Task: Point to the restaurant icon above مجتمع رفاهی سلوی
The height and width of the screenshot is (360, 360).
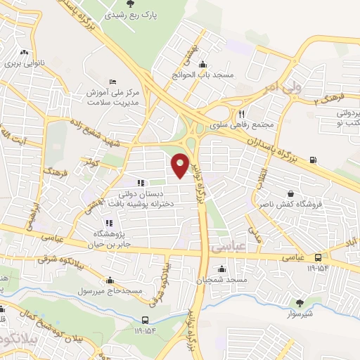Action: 242,114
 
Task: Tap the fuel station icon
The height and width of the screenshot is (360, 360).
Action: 312,159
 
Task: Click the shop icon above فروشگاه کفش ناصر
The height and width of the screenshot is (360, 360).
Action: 291,193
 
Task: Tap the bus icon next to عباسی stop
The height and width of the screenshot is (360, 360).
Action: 318,257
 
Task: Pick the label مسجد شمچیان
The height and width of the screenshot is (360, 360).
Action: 223,280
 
